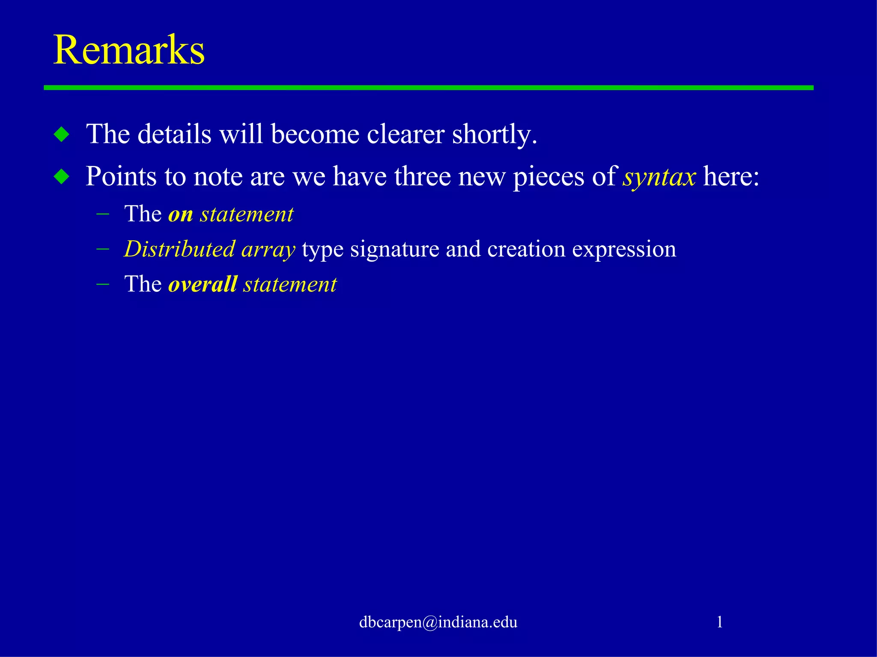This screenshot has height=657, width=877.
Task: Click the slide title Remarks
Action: [128, 50]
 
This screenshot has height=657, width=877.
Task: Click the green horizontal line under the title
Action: [428, 88]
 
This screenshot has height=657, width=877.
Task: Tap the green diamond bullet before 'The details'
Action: [62, 135]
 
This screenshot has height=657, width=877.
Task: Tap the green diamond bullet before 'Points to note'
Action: [62, 176]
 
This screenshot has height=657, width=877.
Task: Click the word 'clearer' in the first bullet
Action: [405, 134]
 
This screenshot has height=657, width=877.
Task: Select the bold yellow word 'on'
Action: [180, 214]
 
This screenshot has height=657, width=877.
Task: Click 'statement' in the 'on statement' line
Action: [247, 214]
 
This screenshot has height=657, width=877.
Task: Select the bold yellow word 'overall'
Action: [203, 284]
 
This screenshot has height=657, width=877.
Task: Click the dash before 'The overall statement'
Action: [103, 284]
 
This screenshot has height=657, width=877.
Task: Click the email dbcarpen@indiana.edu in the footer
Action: [438, 622]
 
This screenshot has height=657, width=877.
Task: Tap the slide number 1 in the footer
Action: [719, 622]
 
